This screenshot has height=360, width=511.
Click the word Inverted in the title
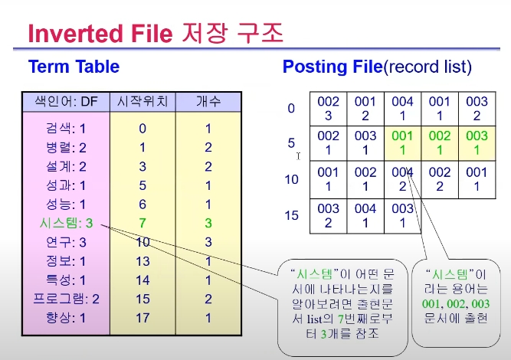click(x=76, y=34)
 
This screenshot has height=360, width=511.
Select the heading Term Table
click(x=74, y=67)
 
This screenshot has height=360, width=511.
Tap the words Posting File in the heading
click(x=332, y=67)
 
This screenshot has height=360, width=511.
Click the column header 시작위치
click(x=142, y=101)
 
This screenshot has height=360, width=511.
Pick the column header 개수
click(x=208, y=101)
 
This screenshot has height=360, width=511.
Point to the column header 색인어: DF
click(x=66, y=101)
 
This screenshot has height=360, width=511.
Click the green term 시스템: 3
click(x=66, y=223)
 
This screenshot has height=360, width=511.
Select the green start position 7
click(x=142, y=223)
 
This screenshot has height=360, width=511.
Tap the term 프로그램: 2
click(x=66, y=299)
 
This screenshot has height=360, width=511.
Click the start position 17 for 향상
click(x=142, y=318)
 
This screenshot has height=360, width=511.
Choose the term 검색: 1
click(x=66, y=129)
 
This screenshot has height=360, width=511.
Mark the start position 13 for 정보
click(x=142, y=261)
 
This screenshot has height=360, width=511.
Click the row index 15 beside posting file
click(x=291, y=215)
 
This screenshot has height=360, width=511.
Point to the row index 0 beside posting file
click(x=291, y=108)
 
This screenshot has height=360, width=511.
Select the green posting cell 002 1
click(x=440, y=142)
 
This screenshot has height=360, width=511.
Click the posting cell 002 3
click(x=328, y=109)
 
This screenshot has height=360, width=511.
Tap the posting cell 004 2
click(x=402, y=179)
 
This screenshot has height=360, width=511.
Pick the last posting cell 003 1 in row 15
click(x=402, y=216)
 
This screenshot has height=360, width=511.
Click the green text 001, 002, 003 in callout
click(x=456, y=303)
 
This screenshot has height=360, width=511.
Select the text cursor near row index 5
click(x=298, y=156)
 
